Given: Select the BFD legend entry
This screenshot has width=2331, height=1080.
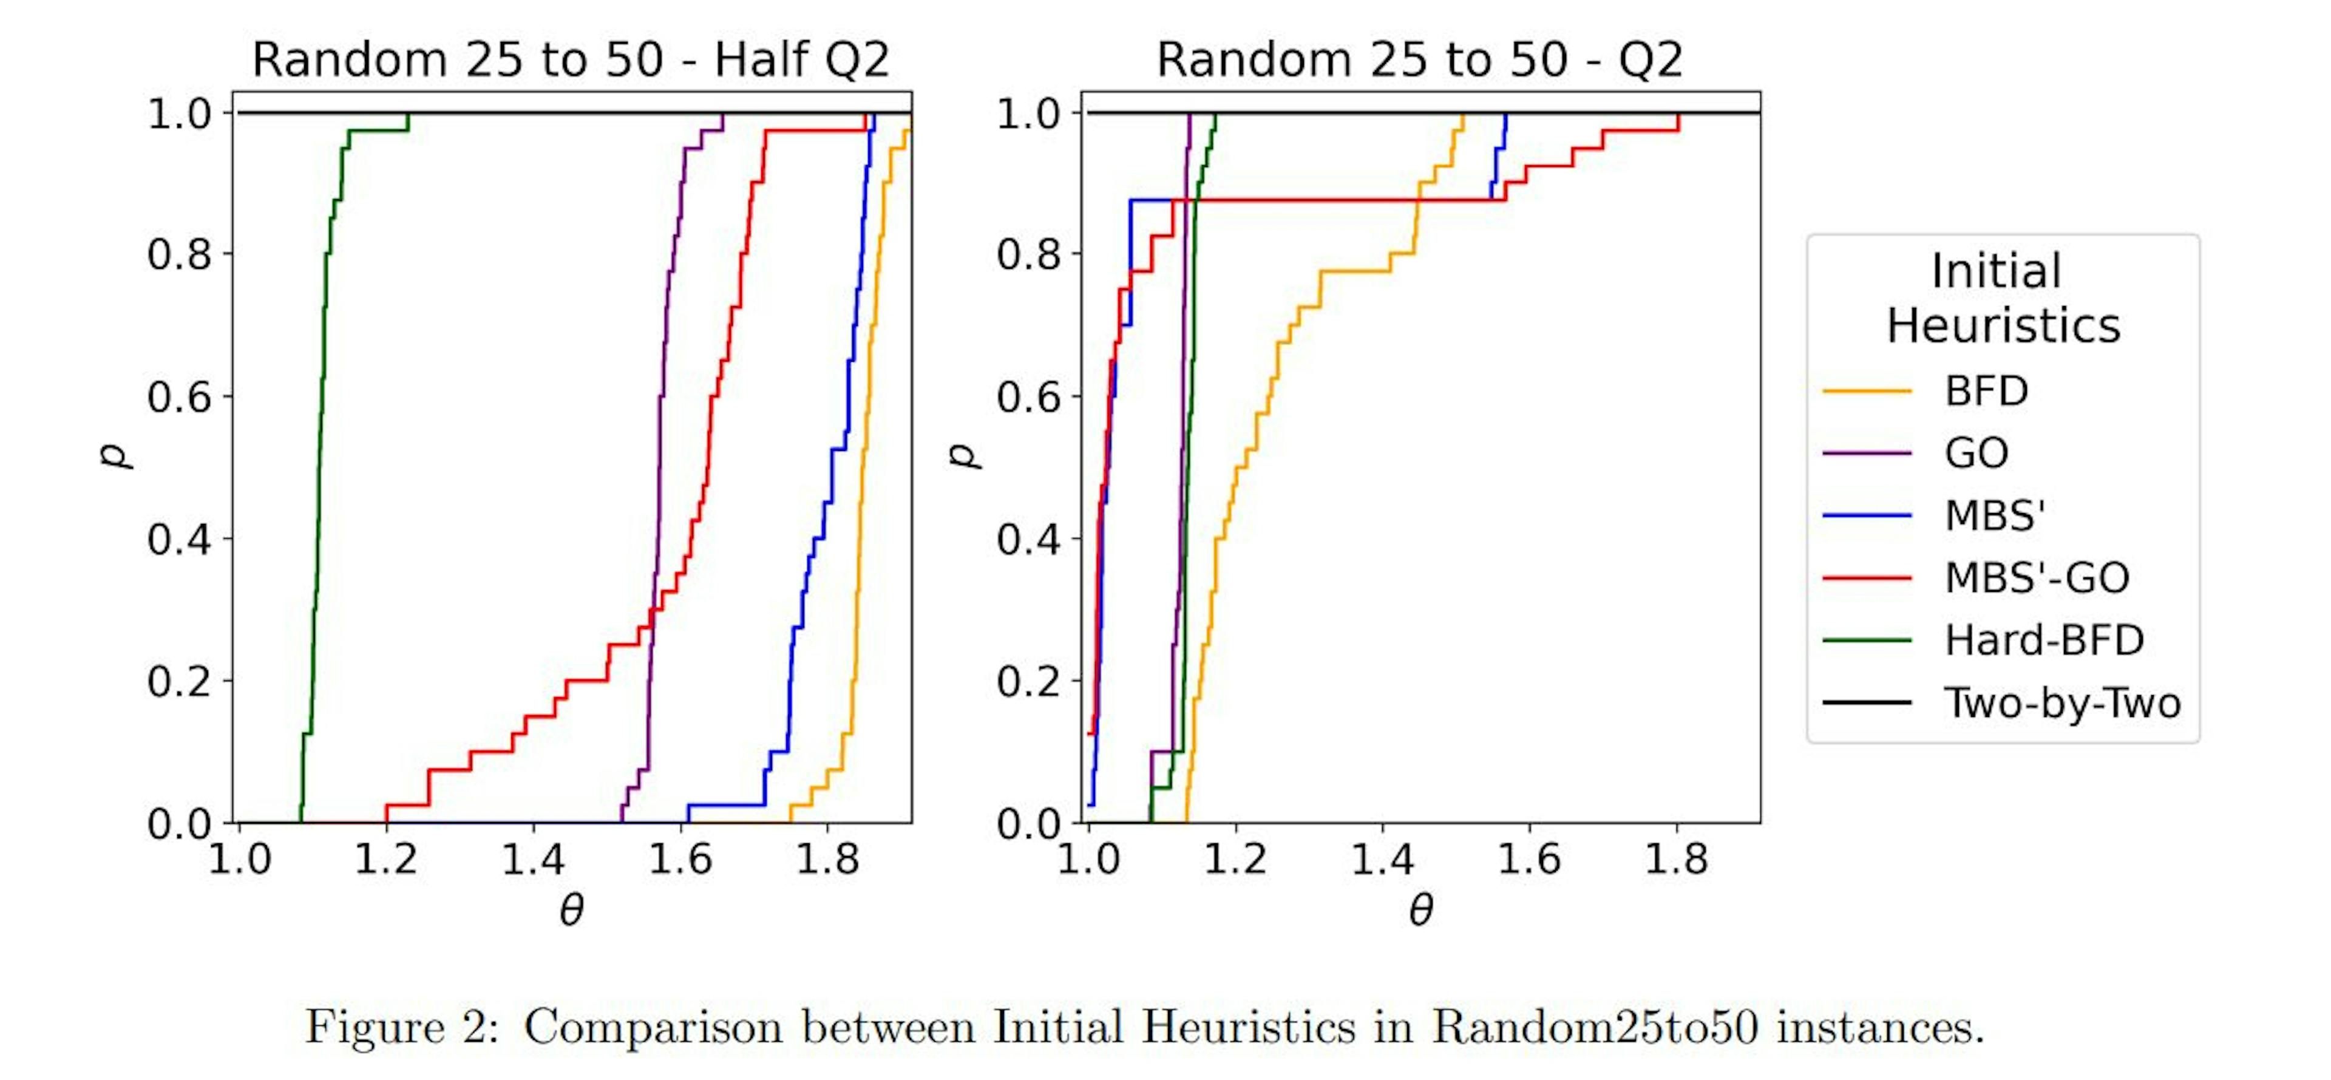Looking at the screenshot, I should click(1986, 391).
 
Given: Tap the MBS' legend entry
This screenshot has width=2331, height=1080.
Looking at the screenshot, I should click(1994, 515).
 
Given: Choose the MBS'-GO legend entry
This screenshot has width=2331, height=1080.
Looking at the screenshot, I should click(2036, 577).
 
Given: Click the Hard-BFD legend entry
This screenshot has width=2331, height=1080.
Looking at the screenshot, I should click(2043, 640).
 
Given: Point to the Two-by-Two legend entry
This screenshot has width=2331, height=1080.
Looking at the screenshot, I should click(2061, 702).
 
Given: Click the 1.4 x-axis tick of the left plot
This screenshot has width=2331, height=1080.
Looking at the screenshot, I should click(532, 858).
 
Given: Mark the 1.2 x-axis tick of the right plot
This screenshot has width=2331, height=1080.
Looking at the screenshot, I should click(1234, 858).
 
